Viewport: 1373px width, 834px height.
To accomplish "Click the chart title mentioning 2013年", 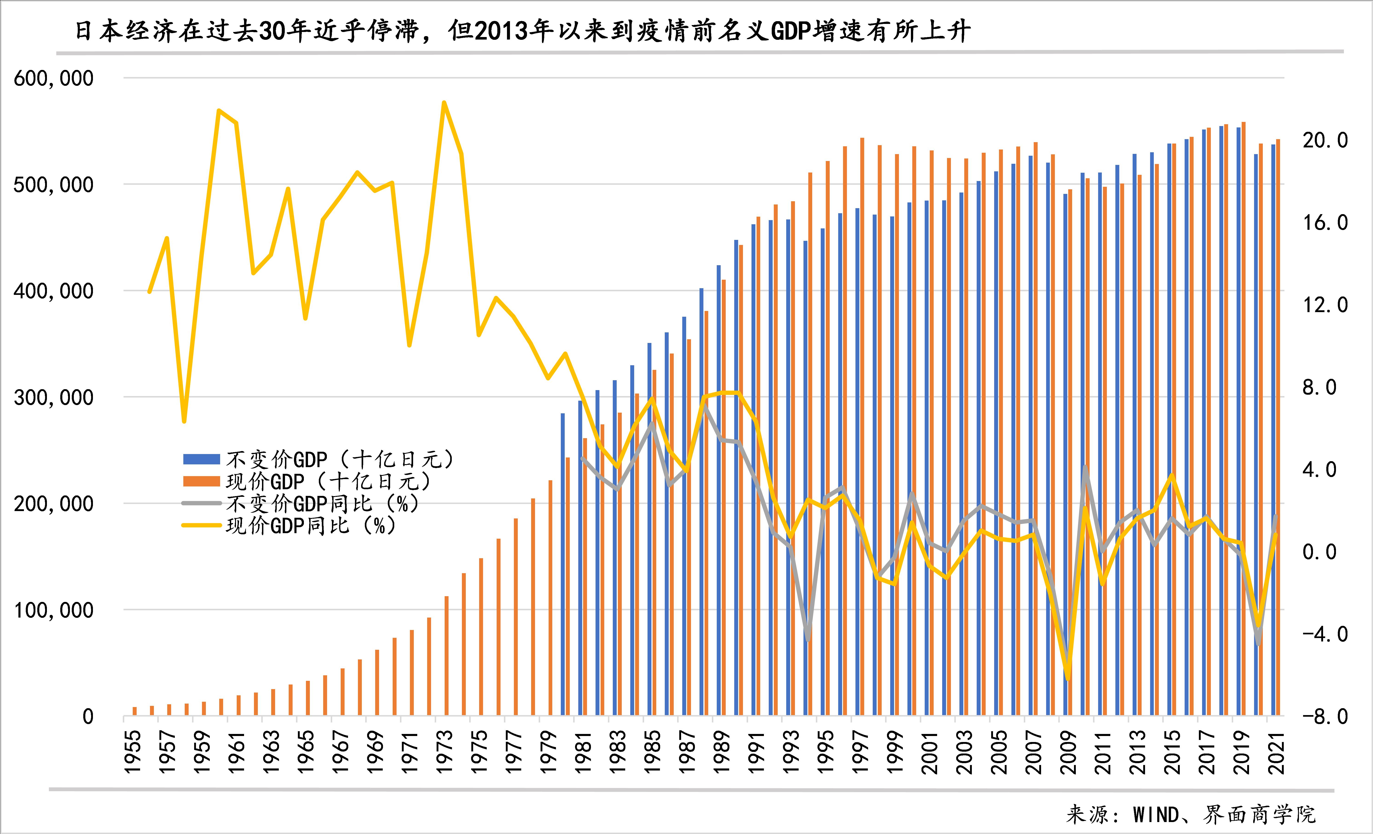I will [523, 31].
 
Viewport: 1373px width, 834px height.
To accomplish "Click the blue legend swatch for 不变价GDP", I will [202, 460].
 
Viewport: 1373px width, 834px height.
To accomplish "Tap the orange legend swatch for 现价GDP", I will [202, 481].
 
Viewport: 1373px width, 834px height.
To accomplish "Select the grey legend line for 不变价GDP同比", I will [202, 504].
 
